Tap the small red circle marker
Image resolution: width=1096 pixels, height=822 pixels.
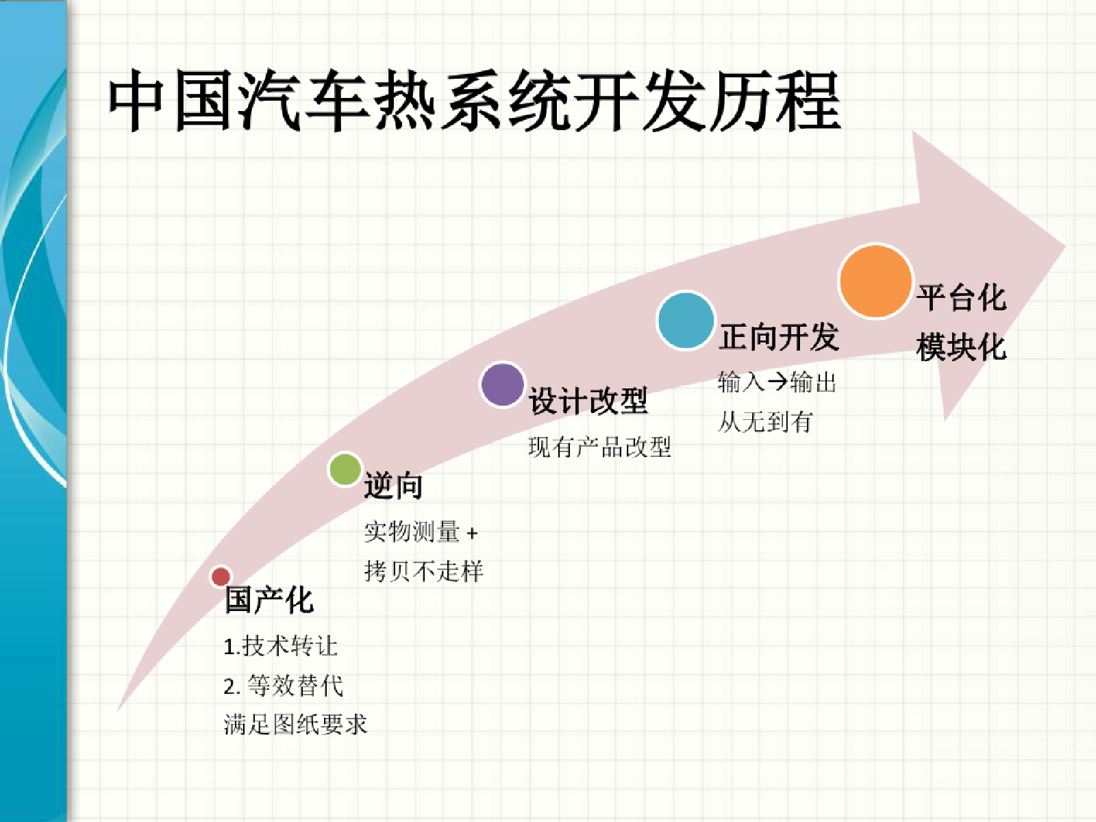[221, 577]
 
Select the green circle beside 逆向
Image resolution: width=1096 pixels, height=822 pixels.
[345, 469]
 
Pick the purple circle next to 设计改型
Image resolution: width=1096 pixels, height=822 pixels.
[502, 385]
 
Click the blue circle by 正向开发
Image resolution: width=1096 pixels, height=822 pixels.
[686, 321]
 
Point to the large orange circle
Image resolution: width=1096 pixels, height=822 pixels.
[876, 281]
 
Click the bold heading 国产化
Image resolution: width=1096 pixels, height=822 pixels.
[269, 599]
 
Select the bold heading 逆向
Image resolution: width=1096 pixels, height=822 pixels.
[393, 486]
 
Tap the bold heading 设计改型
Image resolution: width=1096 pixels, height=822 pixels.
[588, 400]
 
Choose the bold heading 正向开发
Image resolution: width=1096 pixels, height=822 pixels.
[779, 336]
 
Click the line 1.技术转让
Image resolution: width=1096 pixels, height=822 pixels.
[281, 647]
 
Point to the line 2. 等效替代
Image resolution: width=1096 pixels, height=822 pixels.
[283, 686]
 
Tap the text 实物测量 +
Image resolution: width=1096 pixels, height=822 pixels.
[421, 532]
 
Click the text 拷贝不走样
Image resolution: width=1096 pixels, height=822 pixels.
[424, 571]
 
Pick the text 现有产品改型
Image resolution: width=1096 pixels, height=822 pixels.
[599, 447]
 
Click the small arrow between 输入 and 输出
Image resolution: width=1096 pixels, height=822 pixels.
[777, 382]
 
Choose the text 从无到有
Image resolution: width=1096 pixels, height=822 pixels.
[765, 422]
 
